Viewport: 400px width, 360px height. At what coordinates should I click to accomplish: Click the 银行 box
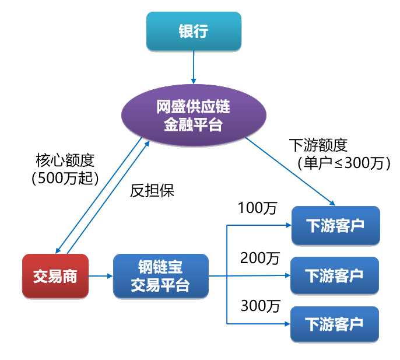click(192, 31)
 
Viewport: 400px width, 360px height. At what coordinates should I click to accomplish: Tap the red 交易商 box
click(55, 275)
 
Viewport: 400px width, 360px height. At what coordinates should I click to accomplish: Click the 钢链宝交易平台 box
click(160, 276)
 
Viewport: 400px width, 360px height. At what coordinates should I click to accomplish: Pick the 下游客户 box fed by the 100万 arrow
click(335, 225)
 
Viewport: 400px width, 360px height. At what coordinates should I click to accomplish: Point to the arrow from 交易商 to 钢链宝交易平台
click(101, 276)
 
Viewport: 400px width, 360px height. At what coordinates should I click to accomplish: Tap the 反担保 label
click(152, 191)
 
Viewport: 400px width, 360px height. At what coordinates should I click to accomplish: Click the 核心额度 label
click(65, 159)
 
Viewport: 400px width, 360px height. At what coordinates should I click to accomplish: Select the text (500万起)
click(65, 177)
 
